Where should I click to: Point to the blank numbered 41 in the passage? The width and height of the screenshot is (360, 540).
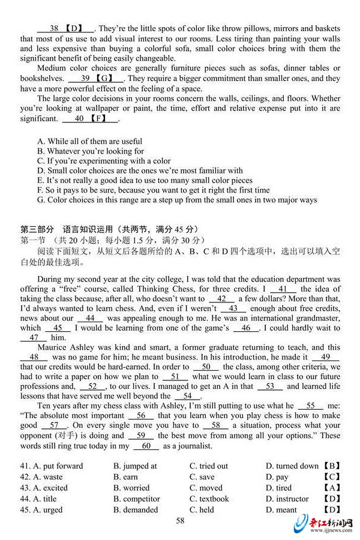click(283, 289)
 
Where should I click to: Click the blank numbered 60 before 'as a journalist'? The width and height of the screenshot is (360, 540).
click(146, 446)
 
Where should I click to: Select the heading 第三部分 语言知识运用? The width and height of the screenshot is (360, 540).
click(108, 229)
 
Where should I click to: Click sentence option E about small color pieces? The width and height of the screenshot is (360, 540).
click(145, 180)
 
